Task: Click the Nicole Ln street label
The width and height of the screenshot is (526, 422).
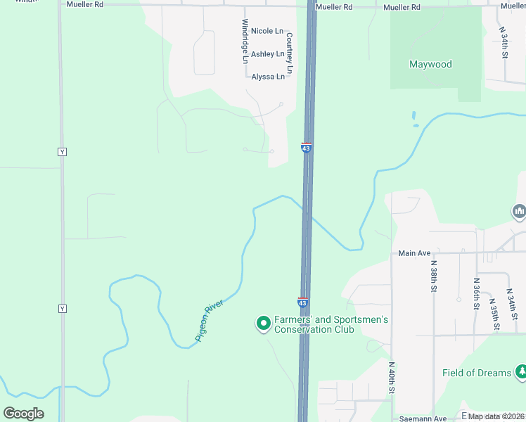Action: pyautogui.click(x=267, y=32)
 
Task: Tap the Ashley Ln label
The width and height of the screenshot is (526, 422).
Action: pyautogui.click(x=267, y=54)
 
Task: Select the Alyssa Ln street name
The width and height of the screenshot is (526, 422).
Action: pyautogui.click(x=268, y=77)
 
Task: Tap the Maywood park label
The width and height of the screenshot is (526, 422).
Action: pyautogui.click(x=430, y=65)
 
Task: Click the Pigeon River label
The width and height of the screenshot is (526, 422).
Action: pyautogui.click(x=209, y=321)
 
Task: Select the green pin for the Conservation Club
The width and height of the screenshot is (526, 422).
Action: pyautogui.click(x=263, y=324)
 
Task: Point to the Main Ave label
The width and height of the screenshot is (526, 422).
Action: pyautogui.click(x=413, y=253)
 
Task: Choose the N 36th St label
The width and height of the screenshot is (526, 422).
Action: pyautogui.click(x=476, y=294)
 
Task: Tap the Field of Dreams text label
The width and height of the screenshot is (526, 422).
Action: pyautogui.click(x=477, y=373)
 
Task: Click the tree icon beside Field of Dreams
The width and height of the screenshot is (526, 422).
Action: pyautogui.click(x=520, y=371)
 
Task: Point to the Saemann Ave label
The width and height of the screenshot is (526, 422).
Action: pyautogui.click(x=423, y=418)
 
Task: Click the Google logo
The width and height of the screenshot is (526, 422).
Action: pyautogui.click(x=23, y=413)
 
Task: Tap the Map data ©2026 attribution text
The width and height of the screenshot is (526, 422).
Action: pyautogui.click(x=496, y=416)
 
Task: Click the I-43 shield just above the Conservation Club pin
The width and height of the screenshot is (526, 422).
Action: pyautogui.click(x=303, y=302)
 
